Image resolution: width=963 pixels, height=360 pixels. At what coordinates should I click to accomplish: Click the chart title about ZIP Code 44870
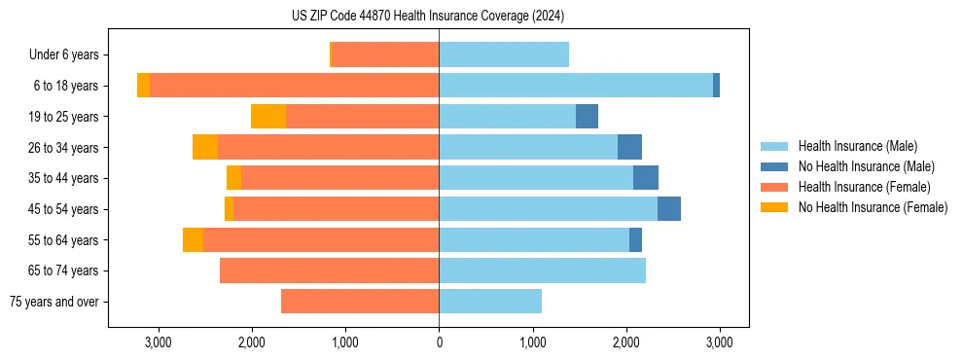pyautogui.click(x=427, y=16)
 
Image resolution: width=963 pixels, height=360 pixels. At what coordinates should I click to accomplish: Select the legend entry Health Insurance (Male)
pyautogui.click(x=857, y=146)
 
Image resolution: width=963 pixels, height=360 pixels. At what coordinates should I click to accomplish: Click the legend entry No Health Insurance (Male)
pyautogui.click(x=866, y=166)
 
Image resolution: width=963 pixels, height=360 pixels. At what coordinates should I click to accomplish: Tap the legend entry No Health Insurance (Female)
pyautogui.click(x=873, y=207)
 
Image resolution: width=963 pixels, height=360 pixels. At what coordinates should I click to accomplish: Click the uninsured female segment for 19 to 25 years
pyautogui.click(x=268, y=117)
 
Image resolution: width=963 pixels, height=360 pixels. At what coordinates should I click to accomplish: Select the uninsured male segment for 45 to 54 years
pyautogui.click(x=669, y=209)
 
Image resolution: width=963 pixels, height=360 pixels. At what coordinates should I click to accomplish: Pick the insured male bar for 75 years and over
pyautogui.click(x=490, y=302)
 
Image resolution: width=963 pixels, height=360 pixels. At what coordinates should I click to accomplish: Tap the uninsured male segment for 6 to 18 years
pyautogui.click(x=717, y=86)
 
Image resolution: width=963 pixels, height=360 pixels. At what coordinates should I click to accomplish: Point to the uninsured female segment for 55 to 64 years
pyautogui.click(x=193, y=240)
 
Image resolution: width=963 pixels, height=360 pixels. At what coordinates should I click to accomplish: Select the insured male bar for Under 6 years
pyautogui.click(x=504, y=54)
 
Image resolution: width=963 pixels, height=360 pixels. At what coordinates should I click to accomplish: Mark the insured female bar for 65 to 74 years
pyautogui.click(x=329, y=270)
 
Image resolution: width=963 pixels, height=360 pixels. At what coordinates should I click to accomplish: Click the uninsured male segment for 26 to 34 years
pyautogui.click(x=629, y=147)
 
